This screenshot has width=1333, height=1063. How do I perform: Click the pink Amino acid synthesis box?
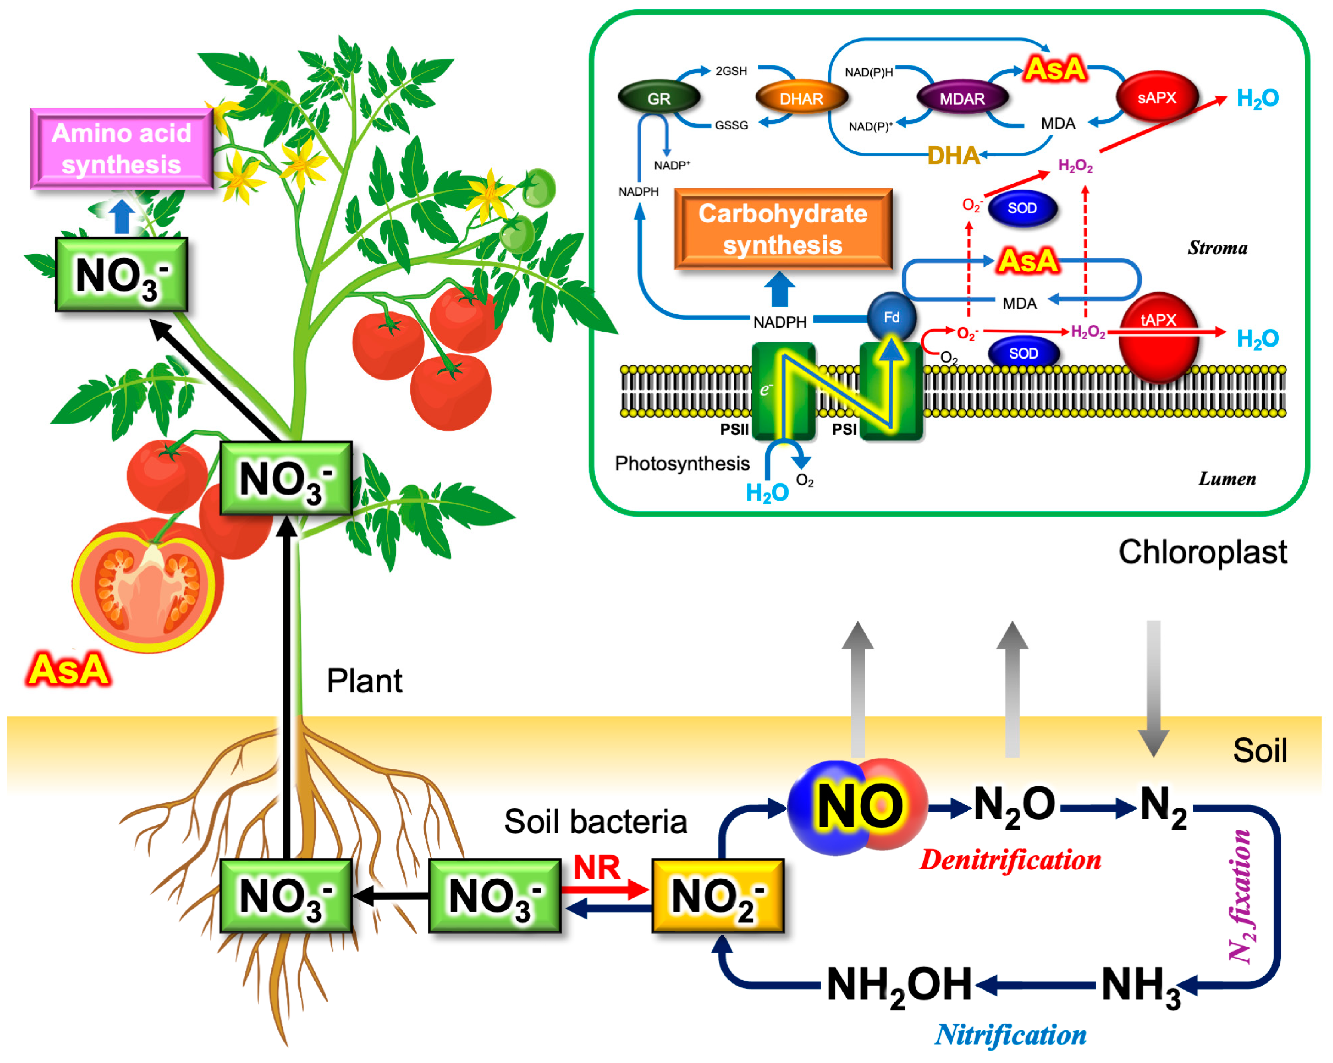(x=122, y=148)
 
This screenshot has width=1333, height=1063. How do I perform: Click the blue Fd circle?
(x=891, y=317)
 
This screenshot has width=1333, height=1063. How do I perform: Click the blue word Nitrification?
(x=1010, y=1035)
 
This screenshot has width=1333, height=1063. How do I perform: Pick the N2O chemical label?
(x=1014, y=805)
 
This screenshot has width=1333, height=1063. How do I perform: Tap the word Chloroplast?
(x=1203, y=552)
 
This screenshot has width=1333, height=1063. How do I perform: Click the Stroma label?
(x=1217, y=248)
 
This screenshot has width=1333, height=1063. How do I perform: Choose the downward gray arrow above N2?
(x=1154, y=689)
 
